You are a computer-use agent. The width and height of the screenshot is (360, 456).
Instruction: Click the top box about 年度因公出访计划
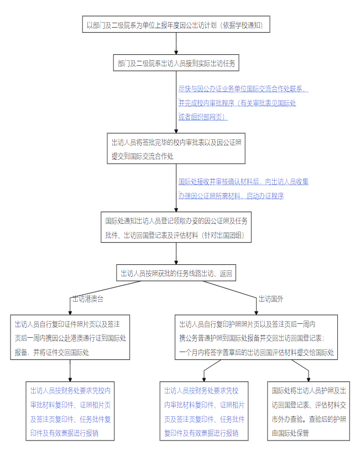click(x=176, y=25)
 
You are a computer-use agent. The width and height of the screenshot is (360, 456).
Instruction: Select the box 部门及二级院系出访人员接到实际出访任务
click(x=176, y=64)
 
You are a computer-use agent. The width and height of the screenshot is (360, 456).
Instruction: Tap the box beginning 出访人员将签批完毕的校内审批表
click(x=176, y=149)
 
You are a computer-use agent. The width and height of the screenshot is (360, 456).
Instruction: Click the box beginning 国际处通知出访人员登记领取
click(x=176, y=227)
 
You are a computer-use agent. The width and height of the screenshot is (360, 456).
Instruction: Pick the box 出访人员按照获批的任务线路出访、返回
click(x=176, y=273)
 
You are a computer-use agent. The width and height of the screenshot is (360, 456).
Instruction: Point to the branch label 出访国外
click(x=271, y=299)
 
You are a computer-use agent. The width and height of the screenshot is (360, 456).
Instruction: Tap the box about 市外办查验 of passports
click(x=309, y=411)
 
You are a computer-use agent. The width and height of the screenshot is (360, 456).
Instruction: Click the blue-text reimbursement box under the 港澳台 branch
click(x=70, y=411)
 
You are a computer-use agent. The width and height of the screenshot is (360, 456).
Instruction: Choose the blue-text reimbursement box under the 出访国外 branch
click(x=204, y=411)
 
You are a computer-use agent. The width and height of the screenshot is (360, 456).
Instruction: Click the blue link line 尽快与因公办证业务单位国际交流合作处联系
click(x=243, y=88)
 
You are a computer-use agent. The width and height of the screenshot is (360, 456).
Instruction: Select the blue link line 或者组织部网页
click(x=202, y=117)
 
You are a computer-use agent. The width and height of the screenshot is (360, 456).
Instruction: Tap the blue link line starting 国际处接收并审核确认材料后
click(x=243, y=181)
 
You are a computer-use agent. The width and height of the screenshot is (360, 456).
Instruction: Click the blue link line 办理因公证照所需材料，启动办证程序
click(x=231, y=196)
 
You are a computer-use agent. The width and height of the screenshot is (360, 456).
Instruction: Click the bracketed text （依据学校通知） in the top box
click(x=243, y=25)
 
